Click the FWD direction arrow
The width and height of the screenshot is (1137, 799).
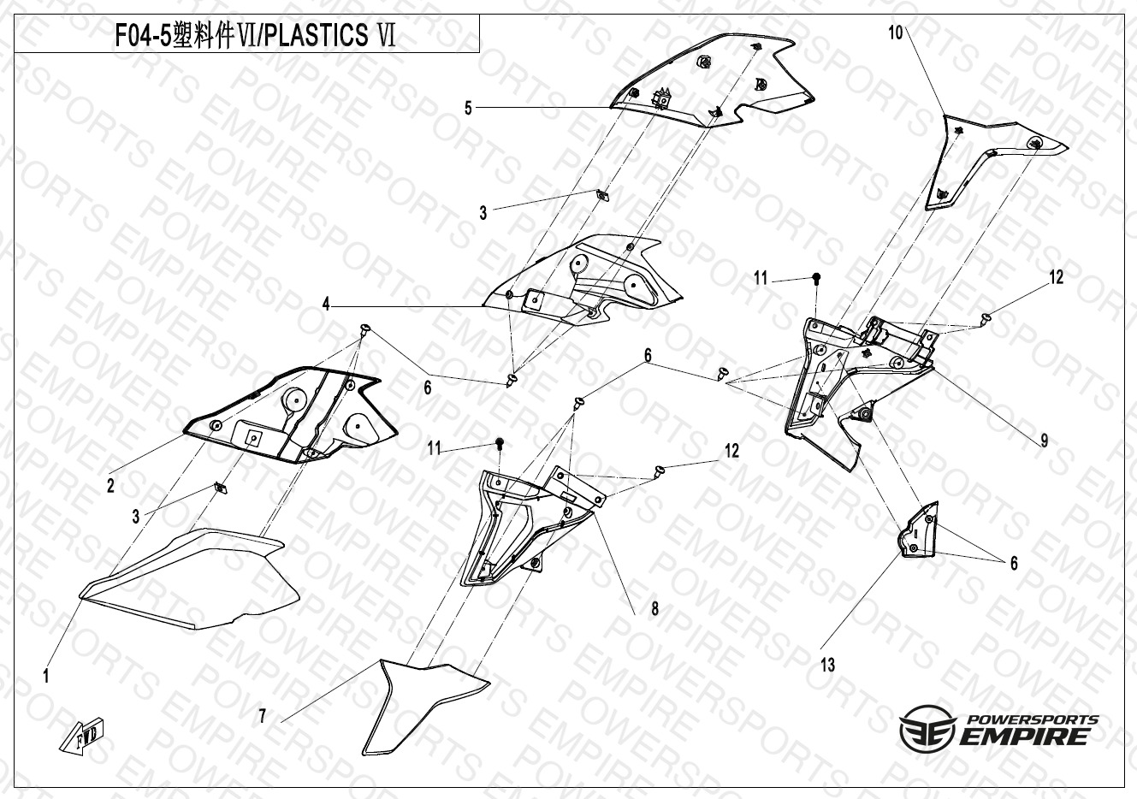[82, 735]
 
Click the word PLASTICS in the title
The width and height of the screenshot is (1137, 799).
[317, 35]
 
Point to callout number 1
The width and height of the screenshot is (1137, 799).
[46, 676]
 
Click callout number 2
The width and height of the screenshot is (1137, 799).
[110, 486]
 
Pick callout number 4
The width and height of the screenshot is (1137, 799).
[326, 304]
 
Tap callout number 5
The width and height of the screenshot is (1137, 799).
[468, 108]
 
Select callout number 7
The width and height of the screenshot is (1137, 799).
[262, 717]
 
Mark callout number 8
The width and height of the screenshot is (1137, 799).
[654, 608]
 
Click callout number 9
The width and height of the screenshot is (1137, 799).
[1044, 441]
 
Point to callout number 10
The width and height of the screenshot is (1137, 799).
[896, 33]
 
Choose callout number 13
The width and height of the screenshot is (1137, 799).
[827, 665]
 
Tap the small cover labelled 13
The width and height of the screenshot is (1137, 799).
[919, 530]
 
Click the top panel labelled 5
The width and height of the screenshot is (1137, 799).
[711, 81]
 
